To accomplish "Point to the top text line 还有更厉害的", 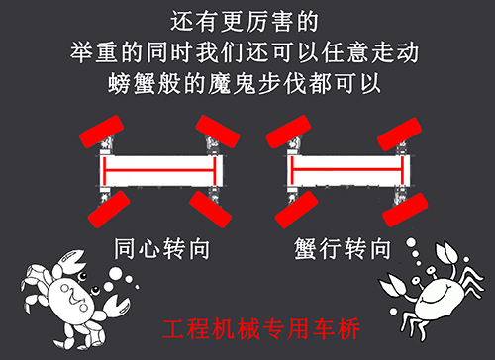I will coord(247,20).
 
